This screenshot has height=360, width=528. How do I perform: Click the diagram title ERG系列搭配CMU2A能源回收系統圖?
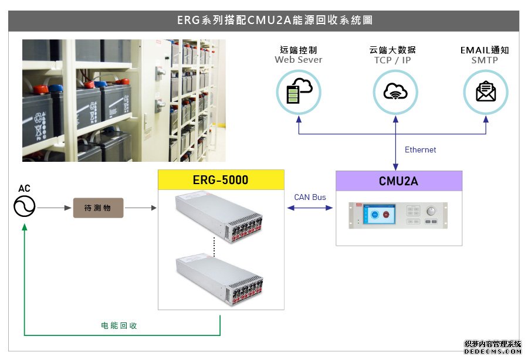263,21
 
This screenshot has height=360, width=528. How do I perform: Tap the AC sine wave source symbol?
25,206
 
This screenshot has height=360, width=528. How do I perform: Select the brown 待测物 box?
98,208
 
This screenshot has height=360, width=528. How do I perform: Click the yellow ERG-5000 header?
221,180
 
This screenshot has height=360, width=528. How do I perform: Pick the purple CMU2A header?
398,181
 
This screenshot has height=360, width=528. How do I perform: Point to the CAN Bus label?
310,197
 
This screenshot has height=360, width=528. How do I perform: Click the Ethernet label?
420,150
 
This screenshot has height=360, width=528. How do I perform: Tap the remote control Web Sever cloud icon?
299,91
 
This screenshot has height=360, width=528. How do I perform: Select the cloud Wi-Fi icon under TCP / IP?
395,91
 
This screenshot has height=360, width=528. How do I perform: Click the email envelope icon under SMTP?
485,91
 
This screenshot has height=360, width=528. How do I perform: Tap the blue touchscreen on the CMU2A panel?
377,215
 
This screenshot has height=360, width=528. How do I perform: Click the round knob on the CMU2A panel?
431,211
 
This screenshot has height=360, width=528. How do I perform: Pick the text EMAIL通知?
485,50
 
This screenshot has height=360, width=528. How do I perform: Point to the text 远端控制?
299,50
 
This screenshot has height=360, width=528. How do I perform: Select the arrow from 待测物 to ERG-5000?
141,208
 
